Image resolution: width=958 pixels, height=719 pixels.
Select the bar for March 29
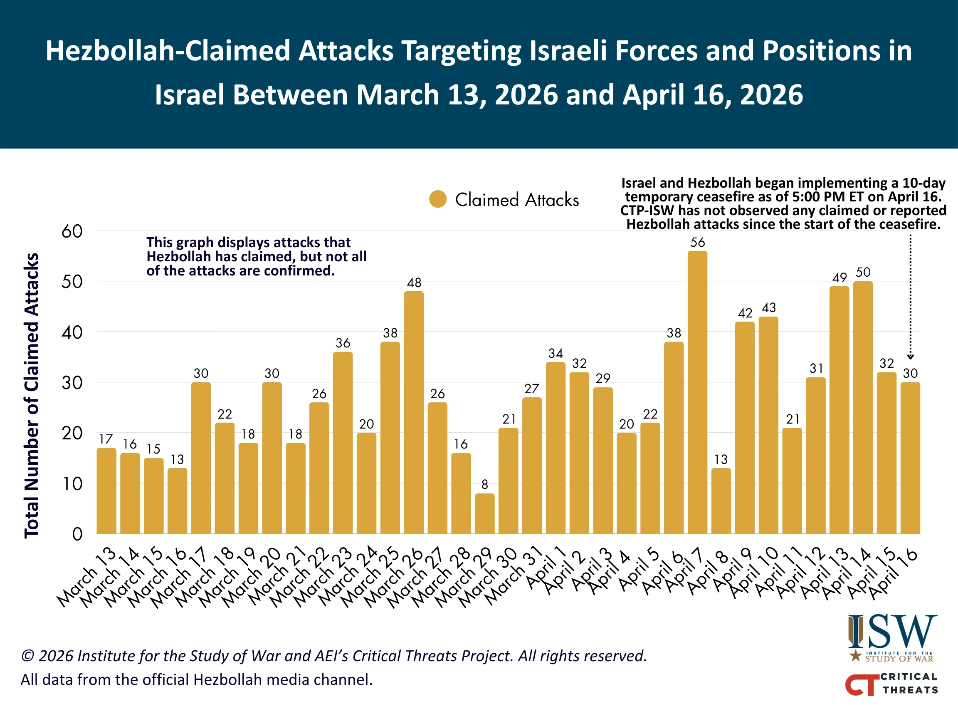pos(485,513)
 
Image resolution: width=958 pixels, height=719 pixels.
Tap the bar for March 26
pos(414,412)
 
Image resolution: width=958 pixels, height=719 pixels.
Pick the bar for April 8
pos(721,501)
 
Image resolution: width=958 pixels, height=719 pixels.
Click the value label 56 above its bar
pos(697,242)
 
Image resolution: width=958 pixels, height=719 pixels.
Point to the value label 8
pos(485,484)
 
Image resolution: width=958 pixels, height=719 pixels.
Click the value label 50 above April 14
pos(863,272)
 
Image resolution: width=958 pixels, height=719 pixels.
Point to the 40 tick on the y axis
pos(72,332)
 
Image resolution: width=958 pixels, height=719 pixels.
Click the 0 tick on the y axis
pos(77,534)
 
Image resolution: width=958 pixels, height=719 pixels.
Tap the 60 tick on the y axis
pos(72,231)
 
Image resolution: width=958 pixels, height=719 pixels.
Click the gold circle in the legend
pos(438,199)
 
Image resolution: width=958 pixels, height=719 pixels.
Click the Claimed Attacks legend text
pos(517,200)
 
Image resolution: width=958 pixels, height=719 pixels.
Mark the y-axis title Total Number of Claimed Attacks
pos(31,395)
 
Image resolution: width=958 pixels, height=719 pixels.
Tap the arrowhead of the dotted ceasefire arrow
pos(910,357)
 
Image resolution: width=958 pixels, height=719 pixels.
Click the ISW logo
pos(892,637)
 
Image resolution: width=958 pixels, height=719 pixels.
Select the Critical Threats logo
pos(891,684)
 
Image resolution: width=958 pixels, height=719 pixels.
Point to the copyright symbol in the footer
pos(27,656)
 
